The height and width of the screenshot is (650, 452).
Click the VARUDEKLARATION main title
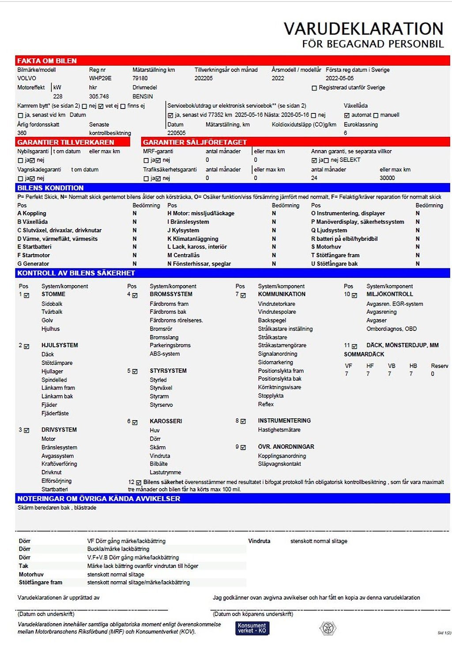(363, 29)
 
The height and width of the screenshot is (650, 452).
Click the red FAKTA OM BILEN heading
(47, 61)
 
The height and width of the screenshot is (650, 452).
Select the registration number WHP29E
(100, 78)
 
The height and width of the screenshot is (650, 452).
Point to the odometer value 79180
(140, 78)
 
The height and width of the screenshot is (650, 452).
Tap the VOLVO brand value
(26, 78)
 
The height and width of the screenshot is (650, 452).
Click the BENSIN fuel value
(143, 96)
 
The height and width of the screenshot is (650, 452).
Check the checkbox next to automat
(347, 115)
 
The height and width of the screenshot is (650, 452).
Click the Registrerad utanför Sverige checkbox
(314, 88)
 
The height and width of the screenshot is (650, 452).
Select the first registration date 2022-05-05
(339, 78)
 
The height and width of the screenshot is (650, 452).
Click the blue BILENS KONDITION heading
(50, 188)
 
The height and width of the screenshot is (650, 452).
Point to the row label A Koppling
(32, 213)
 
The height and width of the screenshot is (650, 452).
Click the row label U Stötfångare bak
(334, 264)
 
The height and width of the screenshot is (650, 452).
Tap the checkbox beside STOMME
(26, 295)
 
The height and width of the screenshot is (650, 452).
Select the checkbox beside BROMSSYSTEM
(135, 295)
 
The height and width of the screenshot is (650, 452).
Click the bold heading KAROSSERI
(166, 421)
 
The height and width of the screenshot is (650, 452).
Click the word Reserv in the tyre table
(439, 366)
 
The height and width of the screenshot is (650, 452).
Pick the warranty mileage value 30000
(387, 178)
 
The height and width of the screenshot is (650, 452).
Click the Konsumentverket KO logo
(252, 628)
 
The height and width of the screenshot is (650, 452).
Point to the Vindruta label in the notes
(259, 541)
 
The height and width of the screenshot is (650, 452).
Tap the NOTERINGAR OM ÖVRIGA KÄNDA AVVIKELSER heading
(99, 499)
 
